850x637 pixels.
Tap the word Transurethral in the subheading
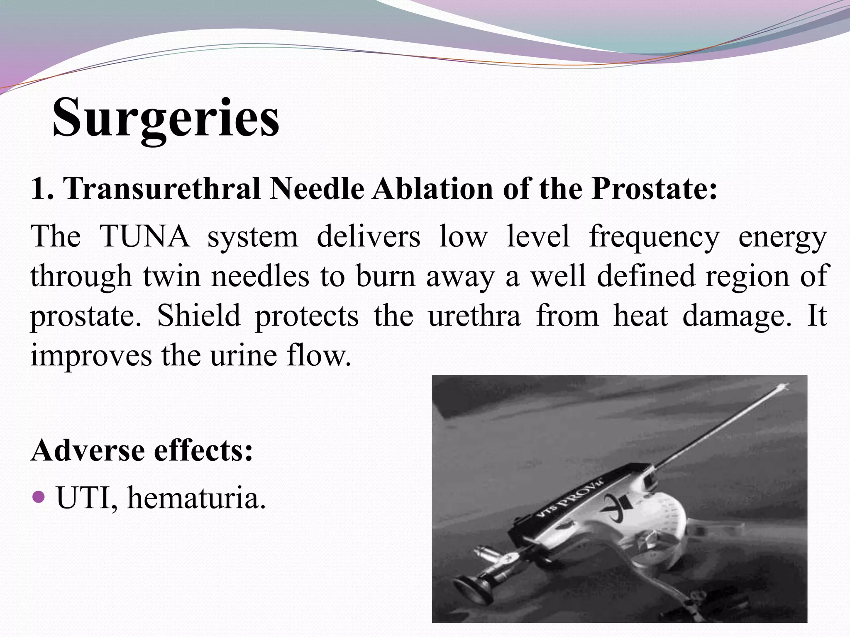162,189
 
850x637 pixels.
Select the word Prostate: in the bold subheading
655,189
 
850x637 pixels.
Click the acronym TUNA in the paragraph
145,236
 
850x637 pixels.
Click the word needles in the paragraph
260,276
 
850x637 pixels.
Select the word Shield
199,316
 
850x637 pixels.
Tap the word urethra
474,316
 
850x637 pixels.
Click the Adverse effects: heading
142,450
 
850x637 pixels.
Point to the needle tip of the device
784,387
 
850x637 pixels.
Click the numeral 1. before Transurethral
42,189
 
